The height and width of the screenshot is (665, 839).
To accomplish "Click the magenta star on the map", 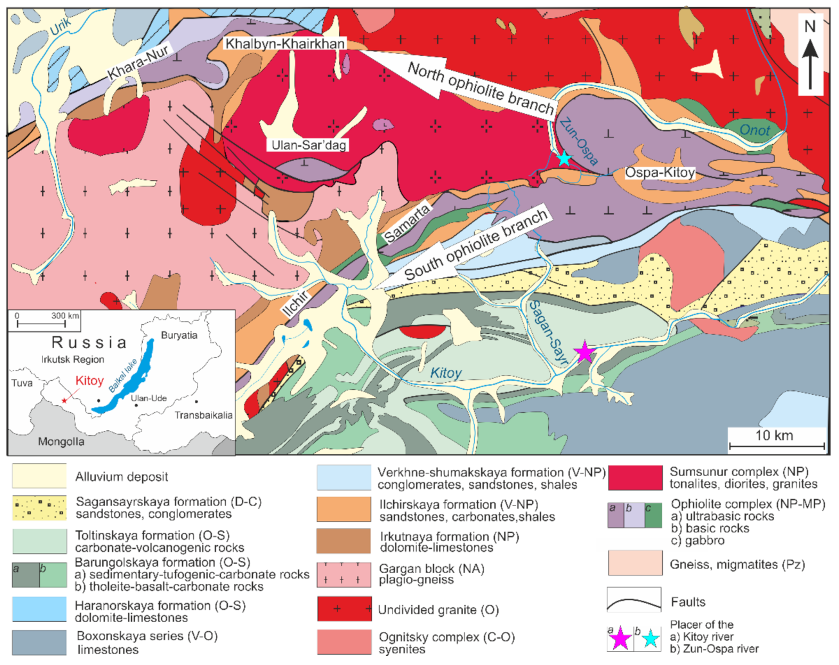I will point(584,352).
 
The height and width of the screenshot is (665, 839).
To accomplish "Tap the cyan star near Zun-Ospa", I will point(564,158).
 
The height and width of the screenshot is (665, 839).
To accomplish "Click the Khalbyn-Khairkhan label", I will point(285,44).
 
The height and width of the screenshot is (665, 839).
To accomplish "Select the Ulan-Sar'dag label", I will point(309,145).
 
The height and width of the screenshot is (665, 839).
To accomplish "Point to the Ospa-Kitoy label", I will point(660,172).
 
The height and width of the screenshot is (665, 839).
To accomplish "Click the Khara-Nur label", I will point(138,63).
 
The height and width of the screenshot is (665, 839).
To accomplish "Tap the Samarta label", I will point(407,224).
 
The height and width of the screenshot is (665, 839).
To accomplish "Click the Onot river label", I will point(754,131).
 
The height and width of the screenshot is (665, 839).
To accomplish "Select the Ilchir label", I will point(296,304).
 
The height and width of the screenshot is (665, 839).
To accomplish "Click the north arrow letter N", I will point(810,26).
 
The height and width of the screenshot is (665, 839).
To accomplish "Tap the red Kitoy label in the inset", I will point(89,381).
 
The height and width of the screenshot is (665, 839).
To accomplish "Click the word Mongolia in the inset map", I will point(61,442).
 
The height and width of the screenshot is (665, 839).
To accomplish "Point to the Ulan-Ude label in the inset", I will point(149,398).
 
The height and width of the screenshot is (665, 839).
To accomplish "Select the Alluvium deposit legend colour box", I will point(39,477).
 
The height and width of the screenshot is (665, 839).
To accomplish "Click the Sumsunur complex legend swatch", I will point(635,478).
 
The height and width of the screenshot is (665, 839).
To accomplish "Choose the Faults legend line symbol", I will point(634,602).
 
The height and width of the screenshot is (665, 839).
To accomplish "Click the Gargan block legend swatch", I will point(344,574).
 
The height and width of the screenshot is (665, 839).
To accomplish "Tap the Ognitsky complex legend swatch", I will point(344,642).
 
